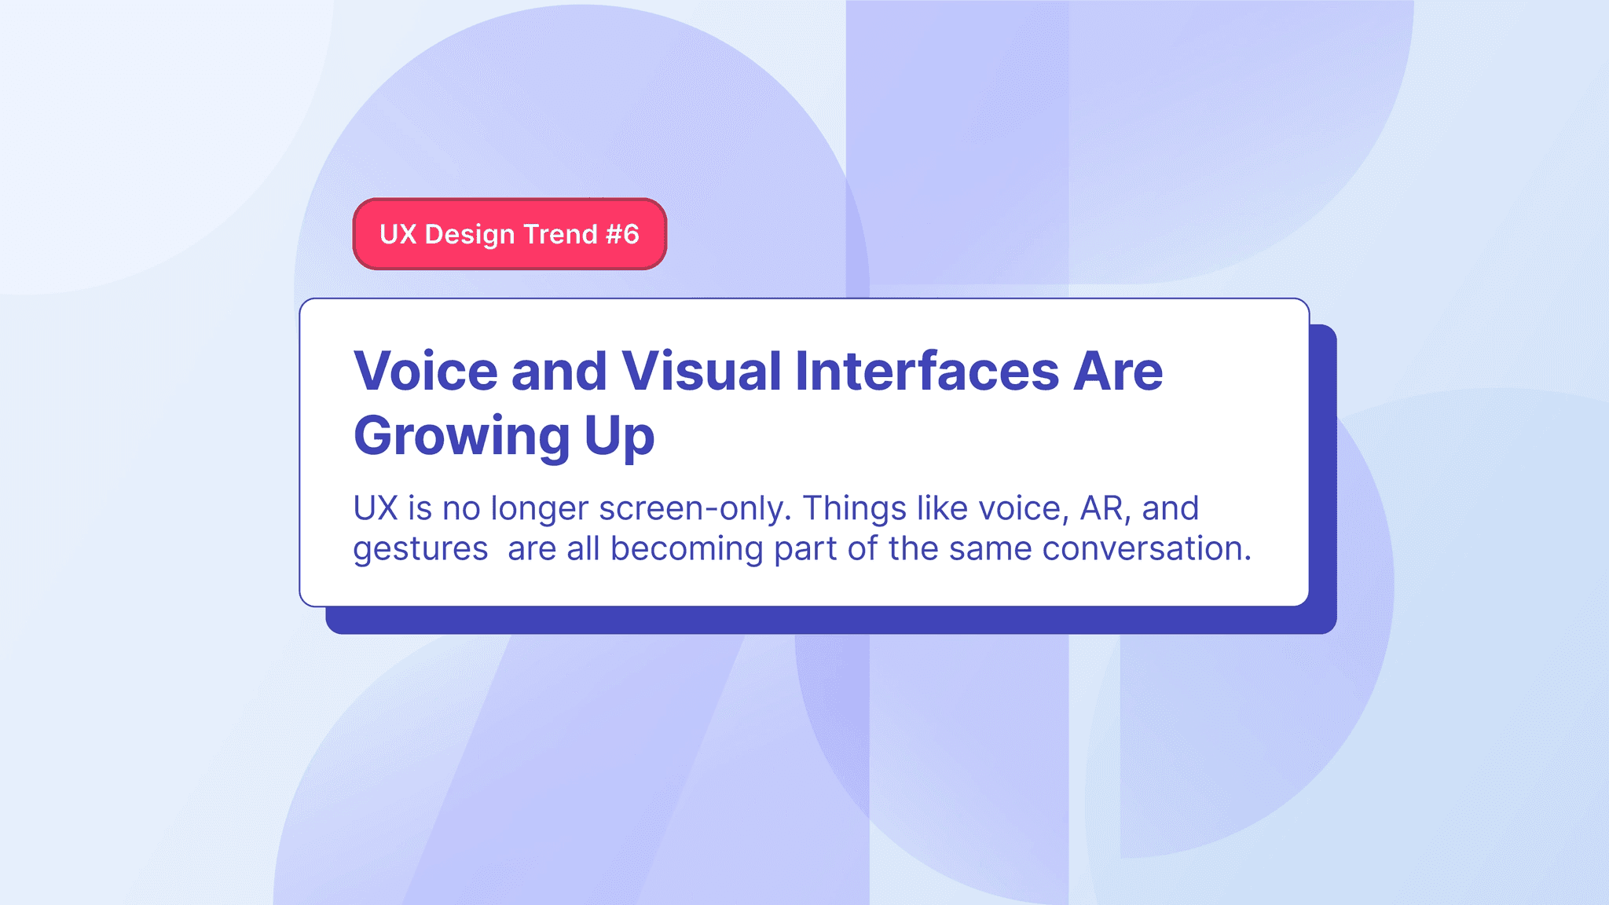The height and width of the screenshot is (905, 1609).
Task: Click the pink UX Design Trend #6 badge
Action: (509, 234)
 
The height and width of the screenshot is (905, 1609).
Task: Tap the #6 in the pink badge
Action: (622, 234)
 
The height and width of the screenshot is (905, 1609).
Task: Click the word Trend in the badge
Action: (560, 234)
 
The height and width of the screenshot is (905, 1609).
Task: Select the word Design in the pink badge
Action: (469, 235)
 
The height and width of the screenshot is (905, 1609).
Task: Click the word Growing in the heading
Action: (461, 437)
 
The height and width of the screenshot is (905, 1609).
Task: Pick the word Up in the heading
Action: (619, 437)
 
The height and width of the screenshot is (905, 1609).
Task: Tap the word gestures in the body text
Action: (420, 549)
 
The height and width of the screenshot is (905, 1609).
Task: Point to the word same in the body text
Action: (990, 548)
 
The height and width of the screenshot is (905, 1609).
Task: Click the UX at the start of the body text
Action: (376, 508)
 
